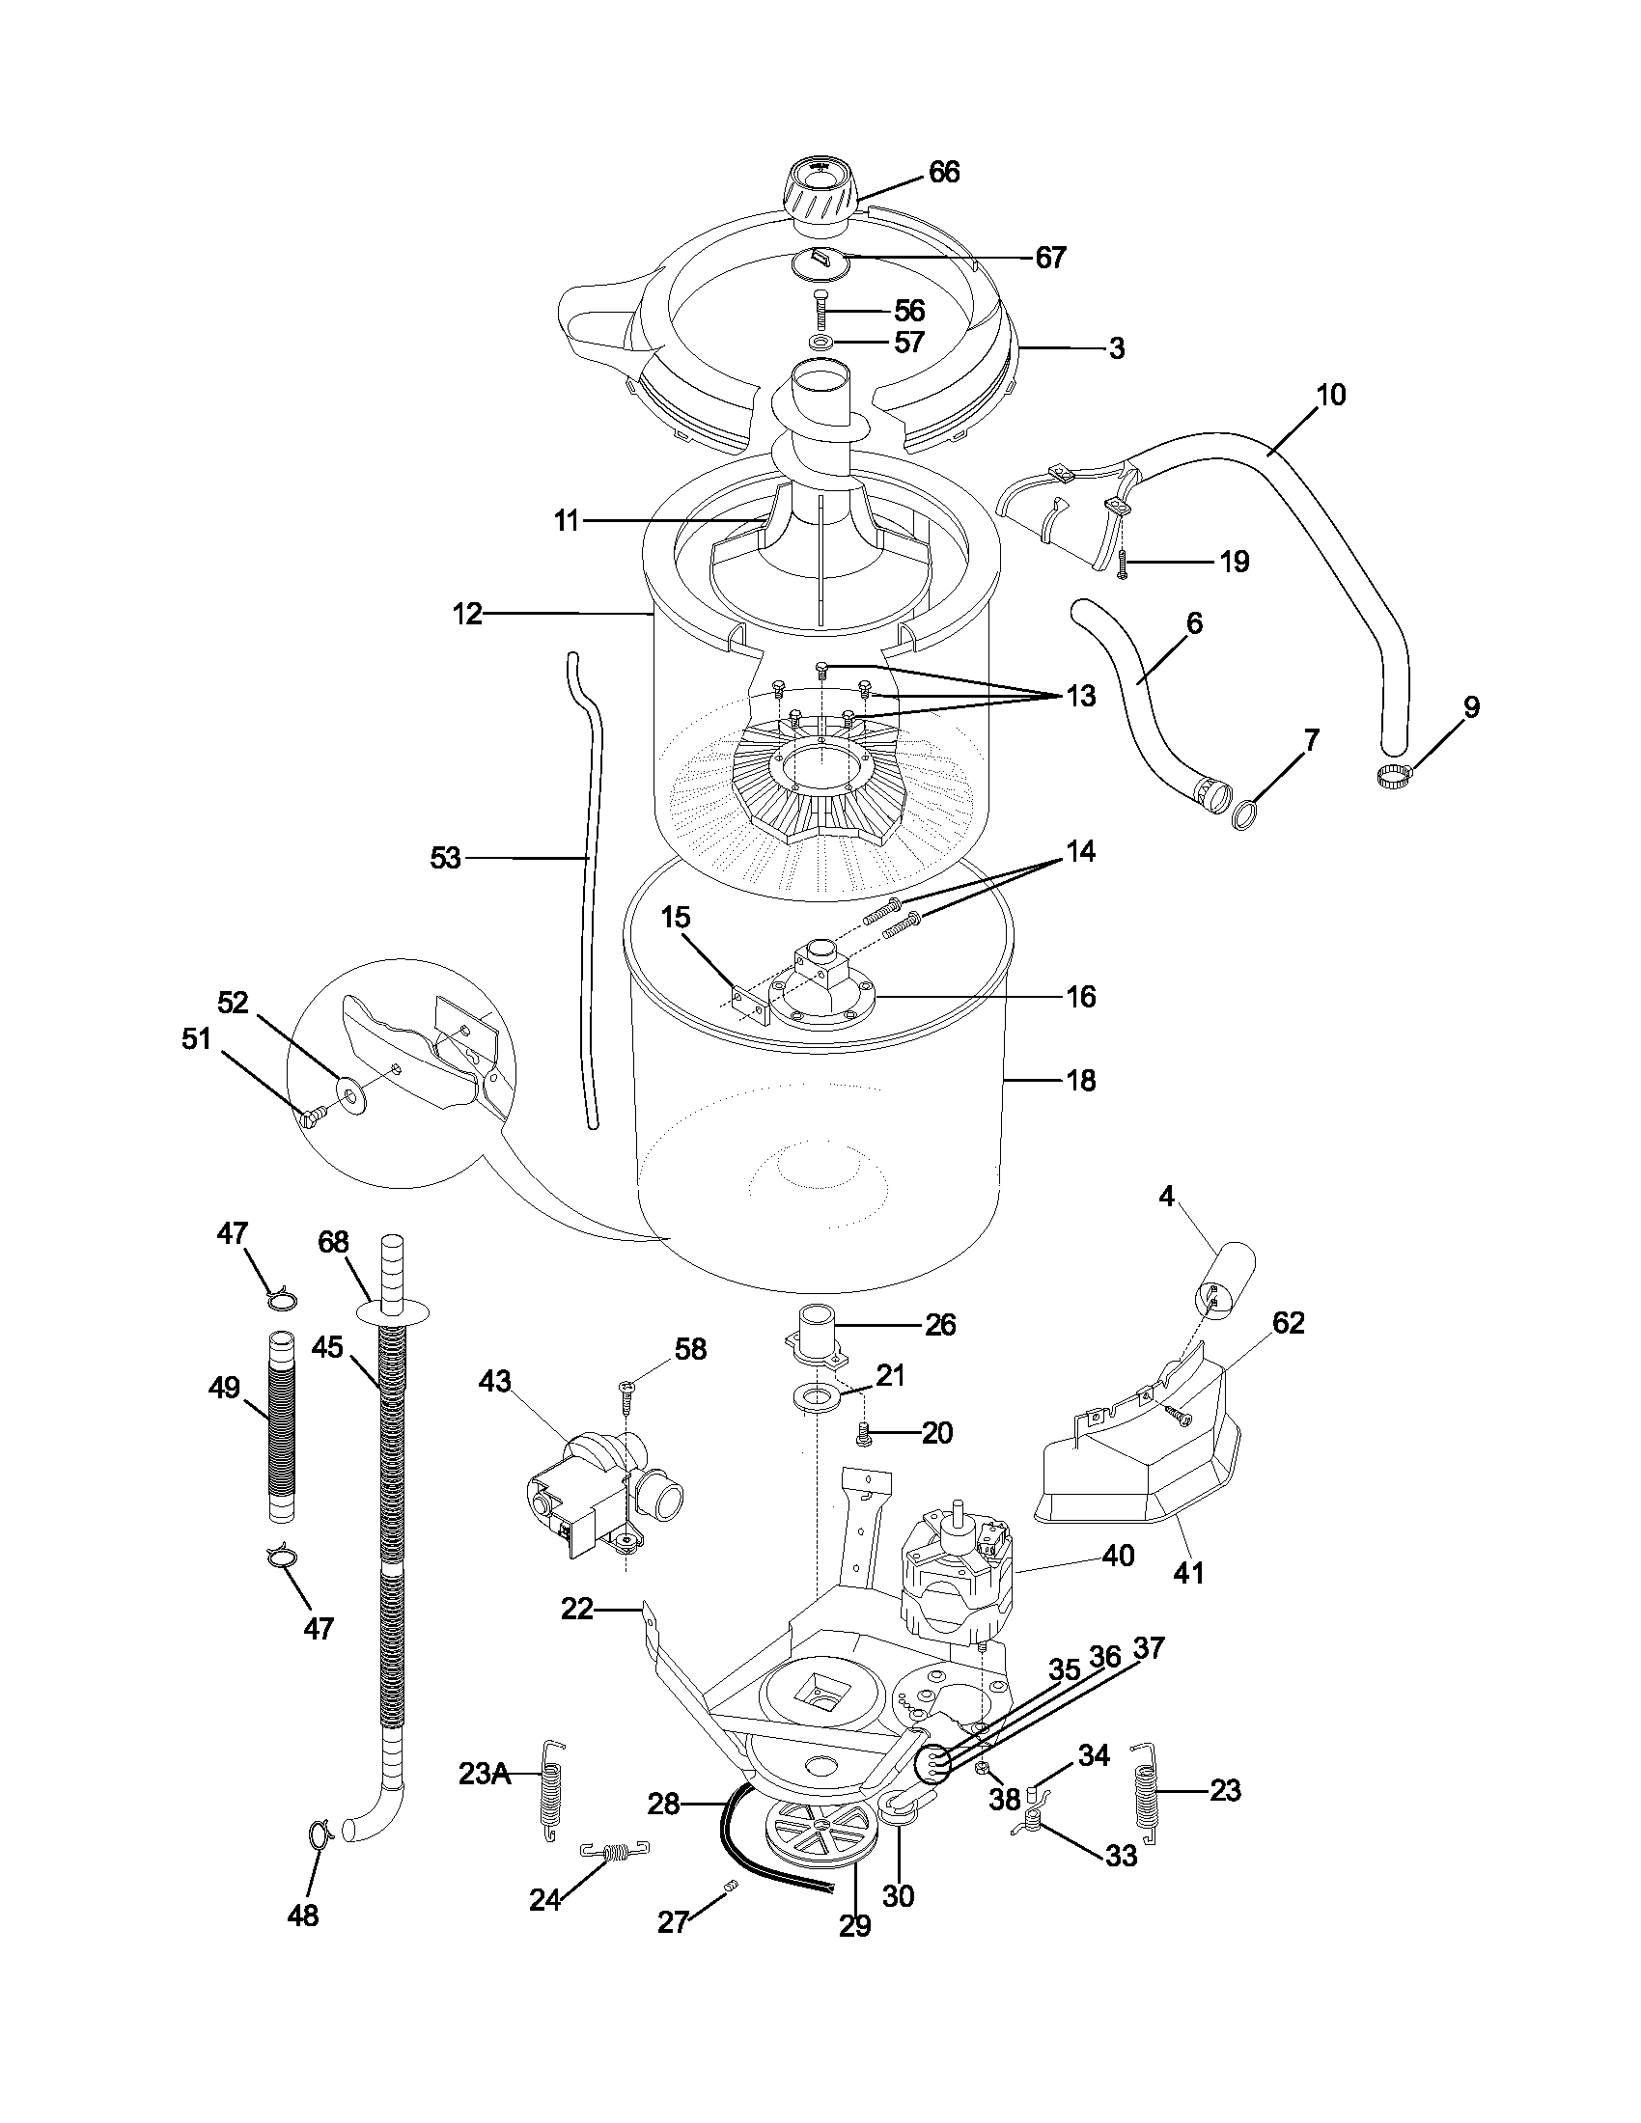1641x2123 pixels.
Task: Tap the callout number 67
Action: pyautogui.click(x=1050, y=258)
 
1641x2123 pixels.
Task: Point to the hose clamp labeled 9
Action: pyautogui.click(x=1393, y=775)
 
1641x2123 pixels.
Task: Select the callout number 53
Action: pyautogui.click(x=445, y=858)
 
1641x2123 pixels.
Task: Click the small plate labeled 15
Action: pyautogui.click(x=750, y=1004)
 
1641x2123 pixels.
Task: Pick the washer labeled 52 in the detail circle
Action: pyautogui.click(x=348, y=1092)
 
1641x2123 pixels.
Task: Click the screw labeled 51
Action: pyautogui.click(x=314, y=1117)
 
